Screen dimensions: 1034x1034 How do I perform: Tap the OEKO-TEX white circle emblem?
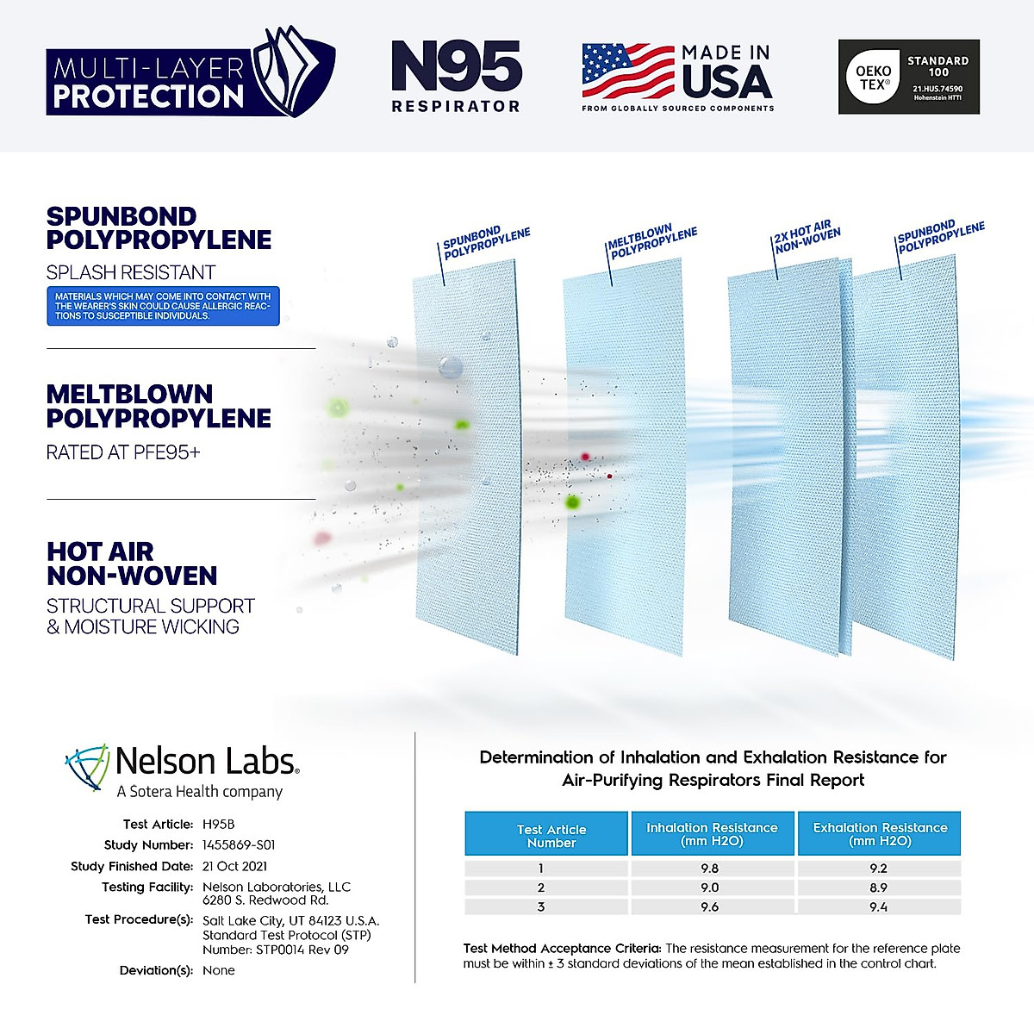point(873,78)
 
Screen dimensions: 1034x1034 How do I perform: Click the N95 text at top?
point(457,67)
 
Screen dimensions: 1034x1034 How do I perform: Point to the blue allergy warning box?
point(163,306)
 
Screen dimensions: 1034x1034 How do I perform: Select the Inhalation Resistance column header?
point(712,833)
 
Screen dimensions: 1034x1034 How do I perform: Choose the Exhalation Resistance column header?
point(879,833)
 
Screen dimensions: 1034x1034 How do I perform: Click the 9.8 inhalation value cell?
point(710,869)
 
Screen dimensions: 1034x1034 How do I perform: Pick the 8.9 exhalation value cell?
point(878,888)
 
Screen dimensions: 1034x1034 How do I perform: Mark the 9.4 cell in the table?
point(878,906)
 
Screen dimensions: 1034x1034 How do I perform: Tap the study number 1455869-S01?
point(239,845)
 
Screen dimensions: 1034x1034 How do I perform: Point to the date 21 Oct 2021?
point(234,866)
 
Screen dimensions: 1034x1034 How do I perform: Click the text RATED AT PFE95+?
point(123,452)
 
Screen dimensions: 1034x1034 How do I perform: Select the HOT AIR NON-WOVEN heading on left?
point(131,564)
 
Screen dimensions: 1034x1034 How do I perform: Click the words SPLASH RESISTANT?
point(131,272)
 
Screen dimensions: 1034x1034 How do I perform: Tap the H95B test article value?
point(218,824)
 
